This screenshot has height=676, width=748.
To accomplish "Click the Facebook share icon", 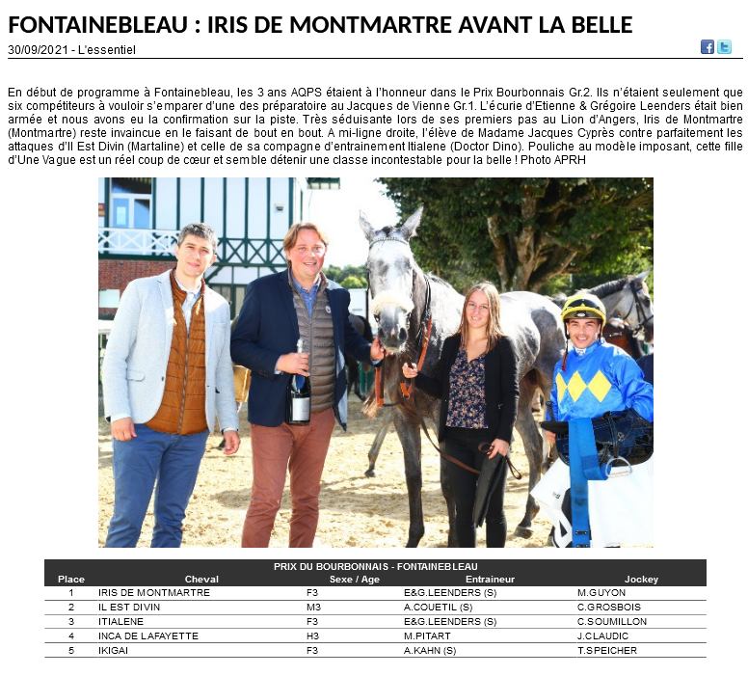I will click(708, 46).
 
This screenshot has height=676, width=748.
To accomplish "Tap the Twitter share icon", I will click(724, 46).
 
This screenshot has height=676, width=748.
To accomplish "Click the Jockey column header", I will click(641, 580).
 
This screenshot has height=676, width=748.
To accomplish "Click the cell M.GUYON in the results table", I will click(601, 593).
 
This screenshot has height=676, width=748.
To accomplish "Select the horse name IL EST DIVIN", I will click(131, 608).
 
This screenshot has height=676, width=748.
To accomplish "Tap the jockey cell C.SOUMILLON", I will click(612, 622).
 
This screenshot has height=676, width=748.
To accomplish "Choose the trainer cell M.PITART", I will click(428, 636).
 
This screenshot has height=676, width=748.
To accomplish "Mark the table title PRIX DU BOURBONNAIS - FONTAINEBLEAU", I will click(375, 566).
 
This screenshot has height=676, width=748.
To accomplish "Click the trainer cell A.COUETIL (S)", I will click(438, 608).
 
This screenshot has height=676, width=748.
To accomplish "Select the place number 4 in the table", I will click(71, 636).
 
